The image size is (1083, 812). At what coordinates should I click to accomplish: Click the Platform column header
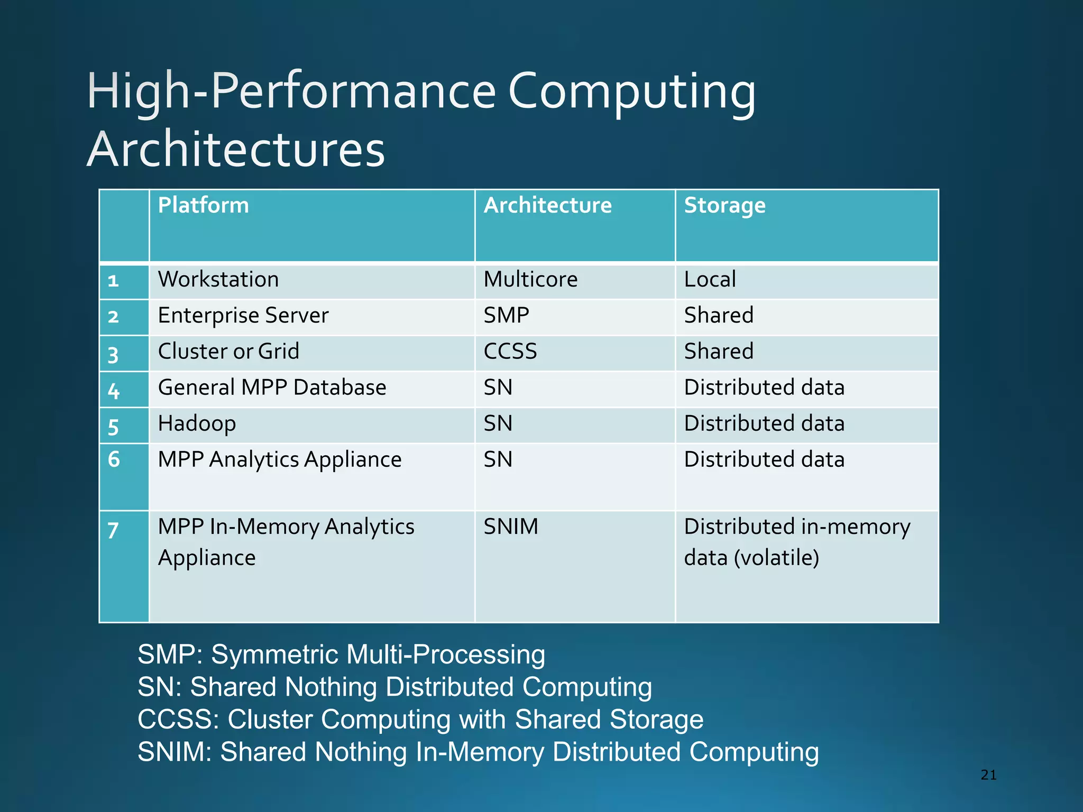point(204,205)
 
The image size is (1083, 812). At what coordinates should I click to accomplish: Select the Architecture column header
point(547,205)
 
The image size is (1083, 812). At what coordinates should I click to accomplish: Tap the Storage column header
point(724,205)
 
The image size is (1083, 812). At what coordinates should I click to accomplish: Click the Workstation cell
point(218,279)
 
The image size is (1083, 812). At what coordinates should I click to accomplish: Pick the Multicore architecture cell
point(530,279)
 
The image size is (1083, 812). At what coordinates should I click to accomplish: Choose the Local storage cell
point(710,279)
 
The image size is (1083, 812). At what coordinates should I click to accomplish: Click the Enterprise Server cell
point(243,316)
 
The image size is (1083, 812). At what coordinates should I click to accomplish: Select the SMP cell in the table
point(506,316)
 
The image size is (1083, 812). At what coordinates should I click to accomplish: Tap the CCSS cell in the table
point(510,352)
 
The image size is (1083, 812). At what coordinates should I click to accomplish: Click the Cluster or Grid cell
point(228,352)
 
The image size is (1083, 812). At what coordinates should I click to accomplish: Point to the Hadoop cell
point(197,423)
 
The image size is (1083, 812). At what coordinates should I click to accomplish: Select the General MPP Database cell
point(272,387)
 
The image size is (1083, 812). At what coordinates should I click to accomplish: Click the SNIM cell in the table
point(511,527)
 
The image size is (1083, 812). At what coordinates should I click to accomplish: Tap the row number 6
point(114,459)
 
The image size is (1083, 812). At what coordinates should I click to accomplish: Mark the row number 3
point(113,355)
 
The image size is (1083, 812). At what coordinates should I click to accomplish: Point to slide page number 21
point(988,775)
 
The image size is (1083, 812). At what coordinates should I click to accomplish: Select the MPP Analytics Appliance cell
point(280,459)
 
